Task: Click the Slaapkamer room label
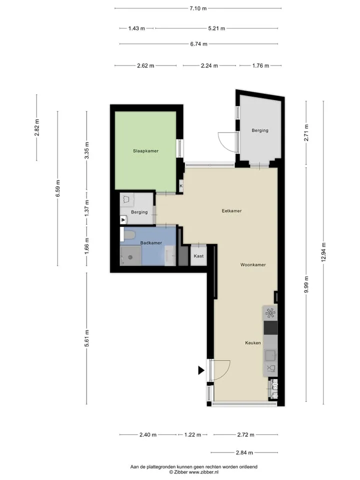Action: coord(145,151)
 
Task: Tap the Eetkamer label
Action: coord(231,210)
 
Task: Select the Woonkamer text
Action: coord(253,265)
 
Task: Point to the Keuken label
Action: coord(253,343)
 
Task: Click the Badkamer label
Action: coord(151,243)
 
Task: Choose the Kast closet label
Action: coord(198,256)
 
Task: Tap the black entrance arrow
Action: coord(201,370)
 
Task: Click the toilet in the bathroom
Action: coord(128,235)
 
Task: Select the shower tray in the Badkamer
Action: coord(130,255)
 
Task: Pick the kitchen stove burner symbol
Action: coord(270,313)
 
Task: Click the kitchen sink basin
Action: coord(270,355)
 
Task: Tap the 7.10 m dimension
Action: coord(198,8)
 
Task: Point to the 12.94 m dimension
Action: coord(323,252)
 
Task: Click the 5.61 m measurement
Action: coord(86,338)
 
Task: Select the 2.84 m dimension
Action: coord(244,452)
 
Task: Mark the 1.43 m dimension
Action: coord(136,28)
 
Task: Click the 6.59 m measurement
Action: coord(58,188)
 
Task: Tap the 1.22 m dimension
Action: coord(192,434)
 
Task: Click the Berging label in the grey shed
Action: coord(260,130)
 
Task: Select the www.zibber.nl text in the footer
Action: coord(203,472)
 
